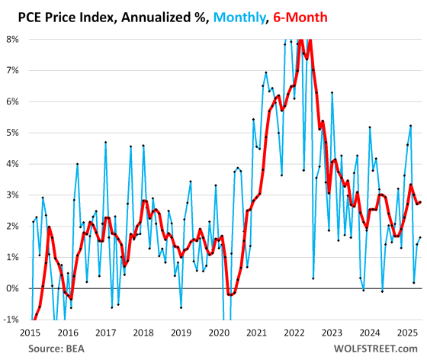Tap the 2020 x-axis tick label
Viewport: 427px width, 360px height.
coord(219,333)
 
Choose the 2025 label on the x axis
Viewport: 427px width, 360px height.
coord(406,333)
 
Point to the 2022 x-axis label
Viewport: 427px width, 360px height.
coord(294,333)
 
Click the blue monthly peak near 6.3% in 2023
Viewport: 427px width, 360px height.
coord(332,92)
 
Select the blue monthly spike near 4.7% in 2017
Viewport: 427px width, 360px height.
coord(105,142)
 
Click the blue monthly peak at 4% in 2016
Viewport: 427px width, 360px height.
coord(77,163)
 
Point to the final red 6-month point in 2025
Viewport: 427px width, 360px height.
coord(419,202)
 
